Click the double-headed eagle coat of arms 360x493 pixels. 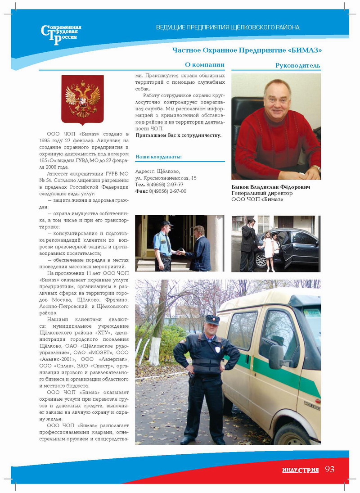tap(82, 99)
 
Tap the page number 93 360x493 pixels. tap(330, 469)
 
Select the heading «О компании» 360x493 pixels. tap(205, 65)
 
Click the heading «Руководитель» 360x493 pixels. tap(297, 66)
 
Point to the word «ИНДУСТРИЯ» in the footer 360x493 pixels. tap(301, 470)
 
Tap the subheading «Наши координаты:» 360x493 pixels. tap(158, 157)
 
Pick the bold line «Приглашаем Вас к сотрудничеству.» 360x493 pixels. tap(178, 135)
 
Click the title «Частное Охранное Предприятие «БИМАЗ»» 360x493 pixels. tap(247, 50)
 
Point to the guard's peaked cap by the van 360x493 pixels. tap(212, 320)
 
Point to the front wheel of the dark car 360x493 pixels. tap(261, 260)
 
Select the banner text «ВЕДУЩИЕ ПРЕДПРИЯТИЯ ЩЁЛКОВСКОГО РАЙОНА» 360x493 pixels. tap(227, 27)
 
